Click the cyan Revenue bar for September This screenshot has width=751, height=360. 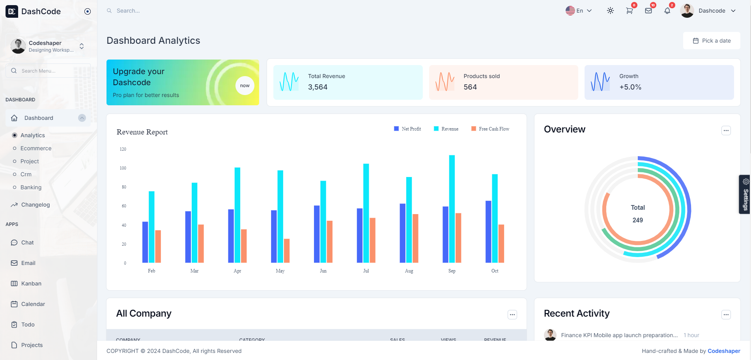452,209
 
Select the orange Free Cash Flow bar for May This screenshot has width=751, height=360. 287,251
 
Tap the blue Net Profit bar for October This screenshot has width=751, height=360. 488,232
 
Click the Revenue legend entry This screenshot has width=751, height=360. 446,129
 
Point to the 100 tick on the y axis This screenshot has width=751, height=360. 123,168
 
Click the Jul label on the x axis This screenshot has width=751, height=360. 366,271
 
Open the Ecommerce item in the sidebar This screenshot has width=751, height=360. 36,148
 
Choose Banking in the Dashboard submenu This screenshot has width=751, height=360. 31,187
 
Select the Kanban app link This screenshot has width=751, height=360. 31,284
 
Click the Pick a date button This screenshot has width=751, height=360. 712,41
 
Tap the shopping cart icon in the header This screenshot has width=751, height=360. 629,11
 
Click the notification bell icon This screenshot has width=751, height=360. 667,11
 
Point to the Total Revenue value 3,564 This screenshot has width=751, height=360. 318,87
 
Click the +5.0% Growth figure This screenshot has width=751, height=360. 630,87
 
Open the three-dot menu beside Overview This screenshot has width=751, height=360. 726,131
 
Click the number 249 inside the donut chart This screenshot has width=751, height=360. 637,220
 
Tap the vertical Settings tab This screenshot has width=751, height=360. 745,194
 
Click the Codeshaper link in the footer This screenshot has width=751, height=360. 724,351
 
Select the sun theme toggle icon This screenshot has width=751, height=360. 610,11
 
